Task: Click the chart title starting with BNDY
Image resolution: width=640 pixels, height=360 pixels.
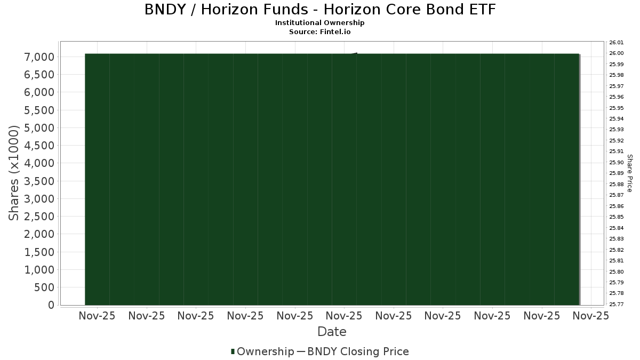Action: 320,10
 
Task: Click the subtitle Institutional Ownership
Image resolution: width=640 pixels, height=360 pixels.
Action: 319,23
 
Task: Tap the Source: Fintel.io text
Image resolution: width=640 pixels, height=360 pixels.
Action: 319,31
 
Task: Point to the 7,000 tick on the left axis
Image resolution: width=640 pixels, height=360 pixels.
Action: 39,57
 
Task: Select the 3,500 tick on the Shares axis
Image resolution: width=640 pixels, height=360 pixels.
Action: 39,181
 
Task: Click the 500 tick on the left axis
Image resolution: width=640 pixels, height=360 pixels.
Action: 44,287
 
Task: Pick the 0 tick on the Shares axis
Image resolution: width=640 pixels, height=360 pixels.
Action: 51,305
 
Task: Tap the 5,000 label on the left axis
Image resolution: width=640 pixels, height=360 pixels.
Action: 39,128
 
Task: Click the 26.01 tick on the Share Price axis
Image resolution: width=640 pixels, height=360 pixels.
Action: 617,43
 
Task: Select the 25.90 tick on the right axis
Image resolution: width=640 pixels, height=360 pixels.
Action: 617,163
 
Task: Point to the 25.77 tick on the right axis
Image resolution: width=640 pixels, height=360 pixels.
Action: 617,305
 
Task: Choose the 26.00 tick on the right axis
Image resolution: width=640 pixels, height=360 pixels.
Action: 617,53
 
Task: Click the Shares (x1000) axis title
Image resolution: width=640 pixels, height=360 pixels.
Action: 13,173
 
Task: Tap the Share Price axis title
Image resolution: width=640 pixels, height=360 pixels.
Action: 630,173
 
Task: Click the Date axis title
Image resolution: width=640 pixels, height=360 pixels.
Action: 332,332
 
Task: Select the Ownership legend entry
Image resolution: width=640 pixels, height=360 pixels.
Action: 262,351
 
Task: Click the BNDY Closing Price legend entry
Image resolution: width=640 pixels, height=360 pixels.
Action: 353,351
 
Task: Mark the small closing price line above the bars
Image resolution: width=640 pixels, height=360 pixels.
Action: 354,54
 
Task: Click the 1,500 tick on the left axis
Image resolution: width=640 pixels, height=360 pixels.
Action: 39,252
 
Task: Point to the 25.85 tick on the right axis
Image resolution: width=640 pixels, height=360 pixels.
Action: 617,217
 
